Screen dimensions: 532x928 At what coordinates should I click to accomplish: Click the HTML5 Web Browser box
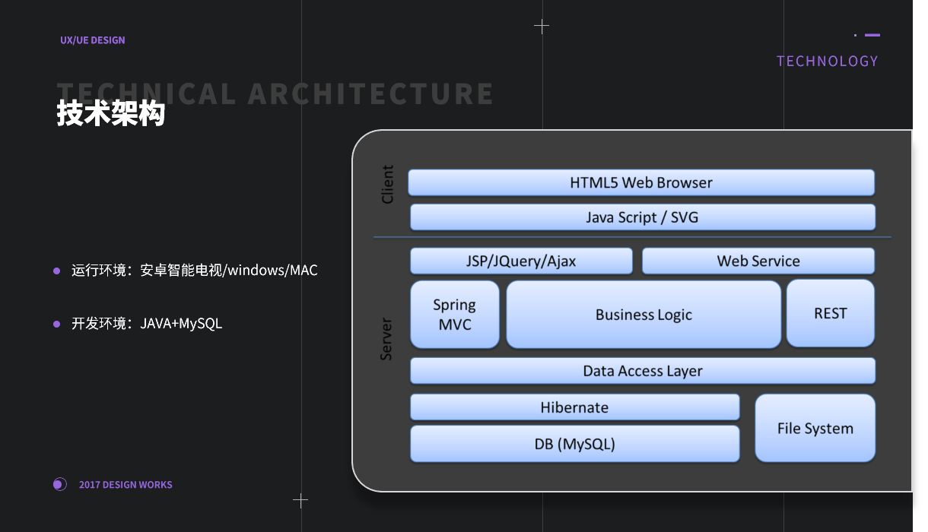click(x=641, y=182)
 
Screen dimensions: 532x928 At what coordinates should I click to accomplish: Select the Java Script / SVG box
click(x=643, y=217)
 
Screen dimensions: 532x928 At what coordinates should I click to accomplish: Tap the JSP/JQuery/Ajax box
click(x=521, y=261)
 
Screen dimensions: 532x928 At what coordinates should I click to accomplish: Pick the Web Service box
click(x=758, y=261)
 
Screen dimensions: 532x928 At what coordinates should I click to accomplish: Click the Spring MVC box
click(x=455, y=315)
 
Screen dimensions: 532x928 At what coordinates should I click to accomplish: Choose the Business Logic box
click(x=644, y=315)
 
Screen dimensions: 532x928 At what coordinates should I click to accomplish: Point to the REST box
click(x=830, y=313)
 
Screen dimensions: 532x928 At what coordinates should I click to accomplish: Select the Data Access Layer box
click(x=643, y=371)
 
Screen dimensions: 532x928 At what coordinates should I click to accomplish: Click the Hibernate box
click(x=574, y=407)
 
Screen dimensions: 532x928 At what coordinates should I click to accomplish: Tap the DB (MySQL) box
click(x=574, y=444)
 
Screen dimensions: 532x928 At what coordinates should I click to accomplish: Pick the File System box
click(x=815, y=428)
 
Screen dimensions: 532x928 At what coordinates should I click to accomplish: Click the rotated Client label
click(x=388, y=184)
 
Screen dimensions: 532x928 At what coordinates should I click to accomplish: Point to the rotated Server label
click(x=386, y=339)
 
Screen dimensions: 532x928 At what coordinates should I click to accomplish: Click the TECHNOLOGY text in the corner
click(x=827, y=62)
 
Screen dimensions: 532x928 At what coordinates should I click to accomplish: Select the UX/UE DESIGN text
click(x=93, y=40)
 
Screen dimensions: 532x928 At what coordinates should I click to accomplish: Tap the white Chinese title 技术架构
click(x=111, y=114)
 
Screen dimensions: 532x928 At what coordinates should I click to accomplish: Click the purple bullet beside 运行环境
click(x=56, y=271)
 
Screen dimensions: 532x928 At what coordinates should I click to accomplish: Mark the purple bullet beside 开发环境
click(x=56, y=324)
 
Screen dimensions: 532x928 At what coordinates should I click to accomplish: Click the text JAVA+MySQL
click(x=181, y=324)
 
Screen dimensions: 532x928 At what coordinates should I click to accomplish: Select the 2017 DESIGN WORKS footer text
click(x=126, y=485)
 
